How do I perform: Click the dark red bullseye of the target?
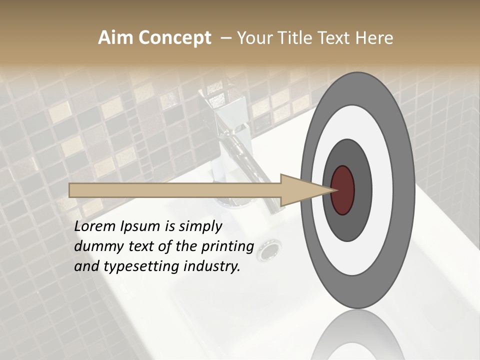click(x=343, y=190)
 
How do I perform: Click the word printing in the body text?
click(x=228, y=247)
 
